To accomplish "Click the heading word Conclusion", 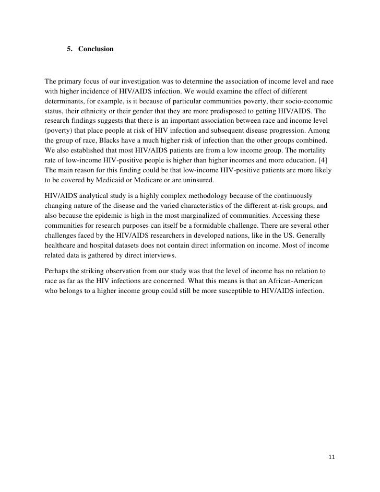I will (x=96, y=50).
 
